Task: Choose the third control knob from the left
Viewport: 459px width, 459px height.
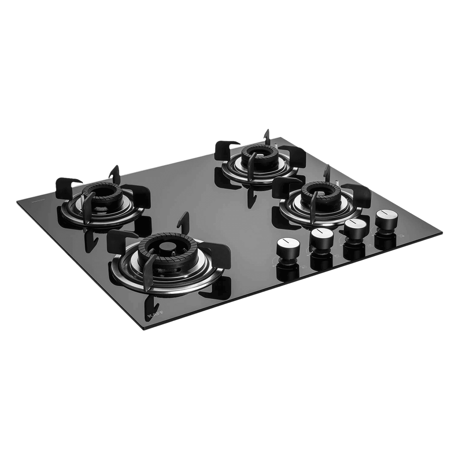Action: tap(353, 227)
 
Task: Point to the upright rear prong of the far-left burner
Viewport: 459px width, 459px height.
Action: tap(115, 173)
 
